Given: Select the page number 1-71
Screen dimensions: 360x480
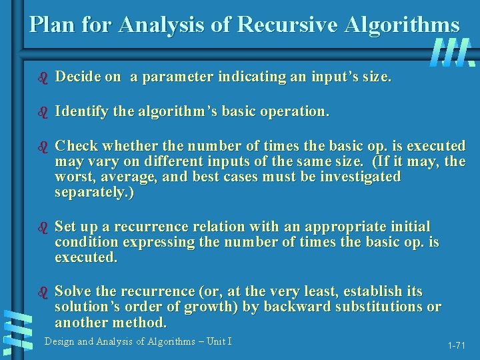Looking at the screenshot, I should (x=456, y=345).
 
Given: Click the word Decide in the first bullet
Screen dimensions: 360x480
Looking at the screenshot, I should (x=79, y=77).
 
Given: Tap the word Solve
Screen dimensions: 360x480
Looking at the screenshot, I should (x=74, y=291).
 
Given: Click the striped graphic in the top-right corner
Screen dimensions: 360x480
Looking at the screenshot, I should (x=453, y=52).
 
